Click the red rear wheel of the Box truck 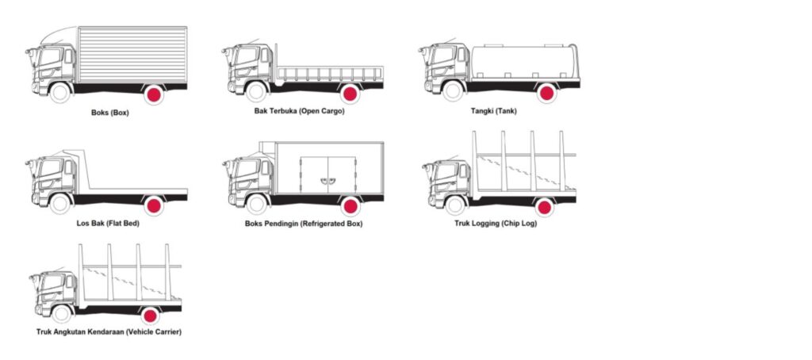click(x=154, y=95)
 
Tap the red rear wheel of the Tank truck click(x=546, y=94)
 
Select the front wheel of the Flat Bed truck click(x=60, y=204)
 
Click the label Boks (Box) click(x=109, y=113)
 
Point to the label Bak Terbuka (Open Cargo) click(x=299, y=111)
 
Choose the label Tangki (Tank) click(x=493, y=111)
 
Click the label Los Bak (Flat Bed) click(x=108, y=224)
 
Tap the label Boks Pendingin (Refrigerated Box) click(x=304, y=224)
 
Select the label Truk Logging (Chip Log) click(x=496, y=224)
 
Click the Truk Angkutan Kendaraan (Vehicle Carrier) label click(x=109, y=331)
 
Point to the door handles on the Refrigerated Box click(x=327, y=180)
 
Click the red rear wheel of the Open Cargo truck click(x=350, y=94)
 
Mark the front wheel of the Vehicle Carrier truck click(x=62, y=313)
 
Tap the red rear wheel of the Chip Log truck click(x=544, y=207)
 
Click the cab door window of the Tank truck click(x=462, y=55)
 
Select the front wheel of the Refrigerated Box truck click(x=256, y=204)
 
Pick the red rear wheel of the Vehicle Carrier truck click(x=150, y=316)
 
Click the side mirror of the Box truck click(x=29, y=52)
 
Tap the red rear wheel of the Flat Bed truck click(x=154, y=205)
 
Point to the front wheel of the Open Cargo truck click(x=256, y=92)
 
